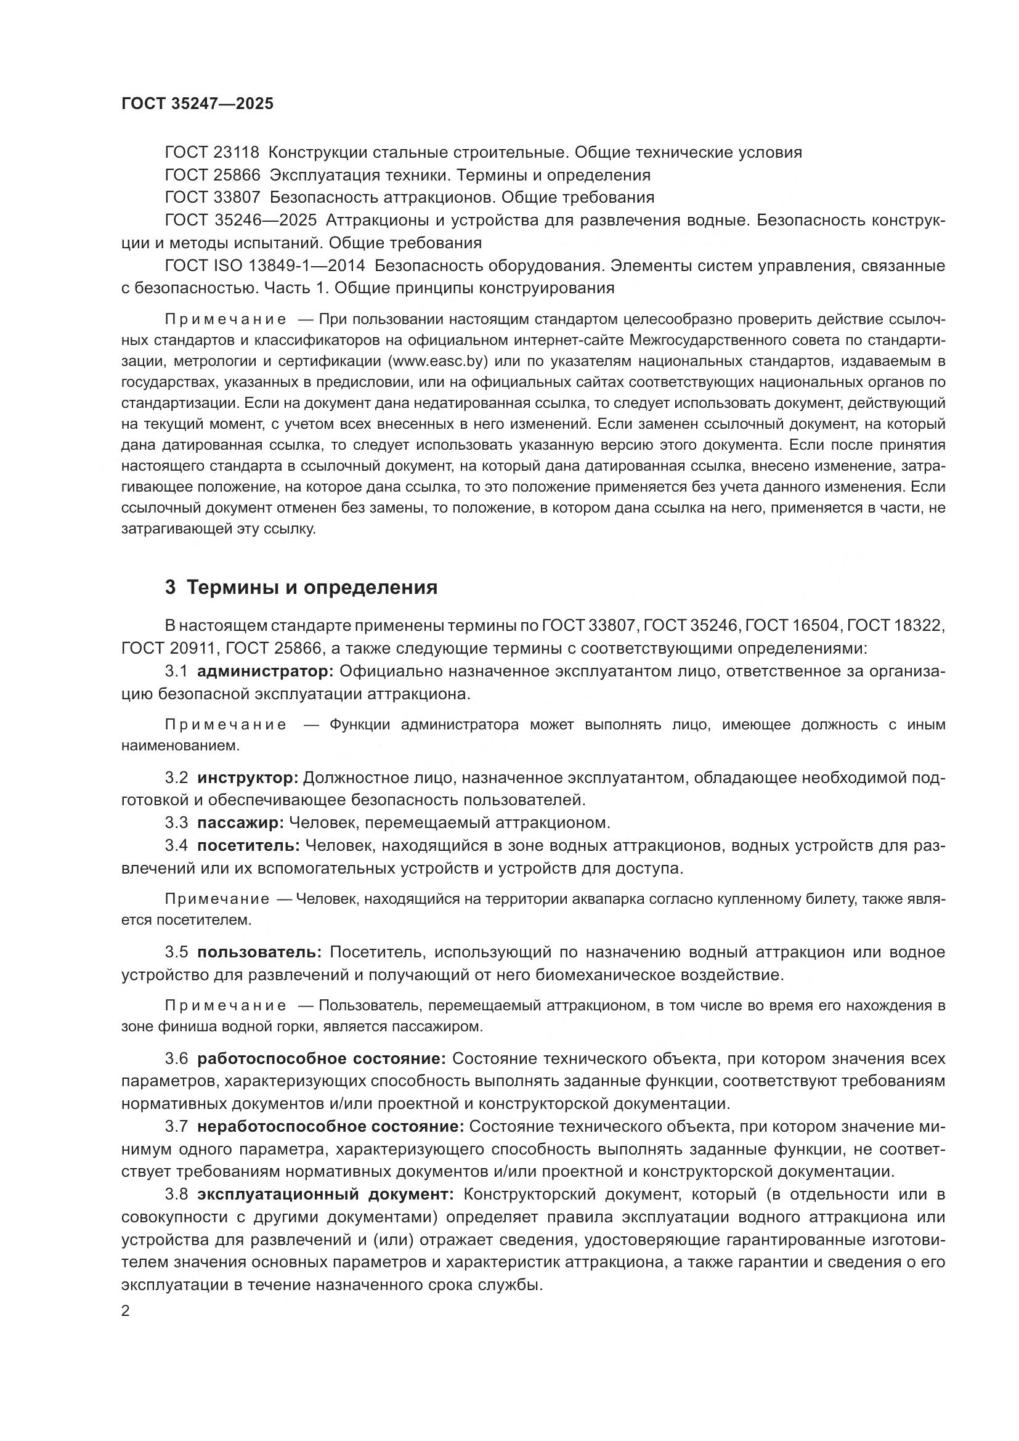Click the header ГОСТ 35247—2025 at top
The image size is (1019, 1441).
198,104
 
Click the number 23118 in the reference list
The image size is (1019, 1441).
236,153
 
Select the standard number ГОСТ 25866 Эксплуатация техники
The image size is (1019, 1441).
212,175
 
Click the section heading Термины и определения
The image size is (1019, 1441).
312,588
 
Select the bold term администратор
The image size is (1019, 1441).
266,671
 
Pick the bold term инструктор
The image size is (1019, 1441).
248,777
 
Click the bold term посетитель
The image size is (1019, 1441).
248,845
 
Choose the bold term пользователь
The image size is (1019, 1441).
259,952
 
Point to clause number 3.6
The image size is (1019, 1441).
176,1059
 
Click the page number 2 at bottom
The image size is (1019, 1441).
126,1311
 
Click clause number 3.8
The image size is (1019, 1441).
176,1194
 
